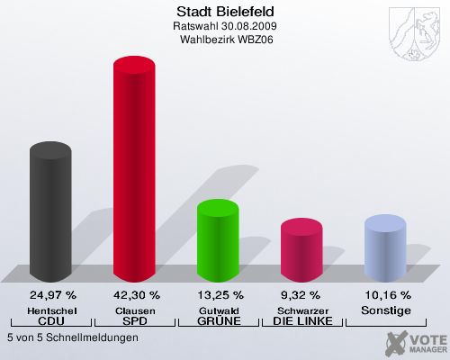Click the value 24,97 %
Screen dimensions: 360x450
point(52,294)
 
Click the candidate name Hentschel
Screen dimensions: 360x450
point(52,310)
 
